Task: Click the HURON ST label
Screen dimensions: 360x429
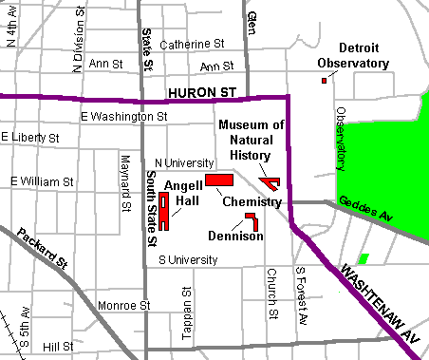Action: point(201,92)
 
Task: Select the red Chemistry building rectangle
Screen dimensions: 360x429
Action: point(219,180)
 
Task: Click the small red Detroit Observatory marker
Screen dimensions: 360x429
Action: point(324,81)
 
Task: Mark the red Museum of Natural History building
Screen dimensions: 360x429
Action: point(270,181)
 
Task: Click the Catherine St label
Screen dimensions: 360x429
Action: point(192,44)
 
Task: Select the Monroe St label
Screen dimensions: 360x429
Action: point(124,306)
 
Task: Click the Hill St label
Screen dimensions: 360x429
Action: point(57,348)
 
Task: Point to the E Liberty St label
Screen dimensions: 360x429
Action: point(29,138)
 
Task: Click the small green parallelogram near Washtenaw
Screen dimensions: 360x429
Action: point(363,258)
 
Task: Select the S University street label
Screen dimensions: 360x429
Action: point(191,258)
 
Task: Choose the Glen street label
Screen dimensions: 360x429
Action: point(252,19)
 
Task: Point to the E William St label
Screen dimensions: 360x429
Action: point(43,180)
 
